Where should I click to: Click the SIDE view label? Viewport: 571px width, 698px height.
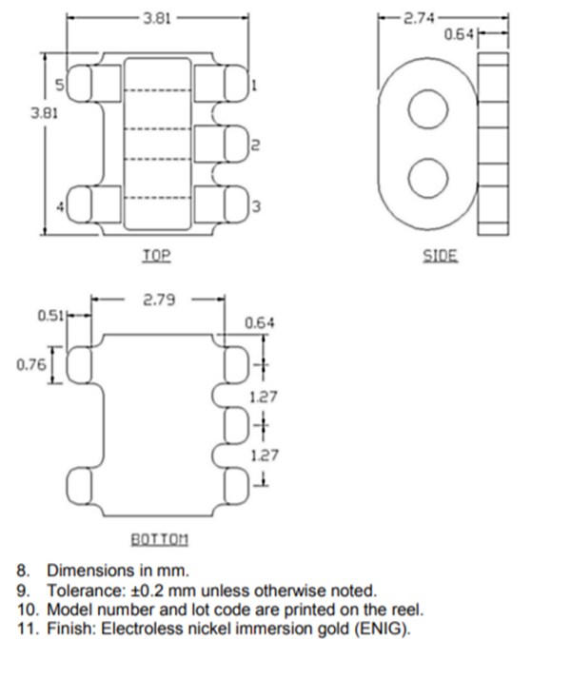point(440,255)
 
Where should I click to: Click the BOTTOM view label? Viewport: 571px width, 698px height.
point(159,539)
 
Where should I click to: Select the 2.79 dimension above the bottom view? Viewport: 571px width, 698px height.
point(159,301)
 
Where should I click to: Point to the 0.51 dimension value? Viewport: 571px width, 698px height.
point(49,315)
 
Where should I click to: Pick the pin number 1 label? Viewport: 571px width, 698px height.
point(254,87)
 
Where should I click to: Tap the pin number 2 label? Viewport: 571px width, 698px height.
point(253,145)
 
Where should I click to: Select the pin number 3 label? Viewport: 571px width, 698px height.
point(254,206)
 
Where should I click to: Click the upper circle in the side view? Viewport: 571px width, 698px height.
point(426,108)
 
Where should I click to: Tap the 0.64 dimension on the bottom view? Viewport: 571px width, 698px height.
point(260,323)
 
